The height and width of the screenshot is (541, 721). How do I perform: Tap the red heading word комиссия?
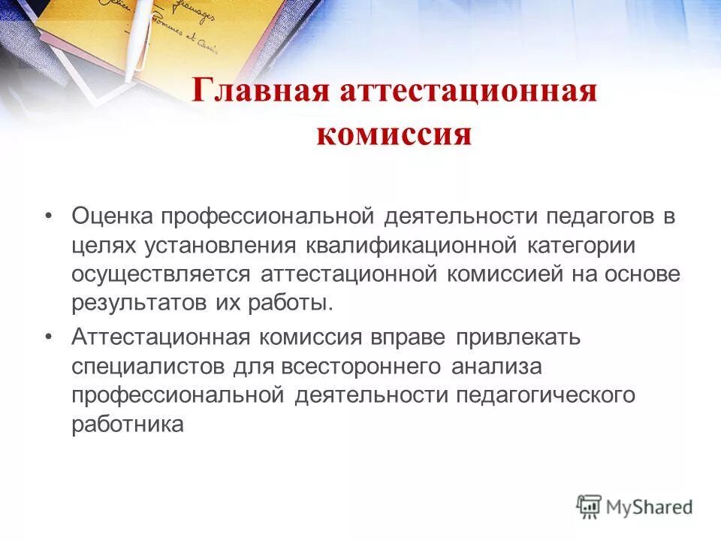(394, 135)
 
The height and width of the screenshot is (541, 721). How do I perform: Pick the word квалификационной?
(412, 246)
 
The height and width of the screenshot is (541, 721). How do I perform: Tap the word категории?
(583, 246)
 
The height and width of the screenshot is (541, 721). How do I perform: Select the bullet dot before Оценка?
(50, 216)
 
